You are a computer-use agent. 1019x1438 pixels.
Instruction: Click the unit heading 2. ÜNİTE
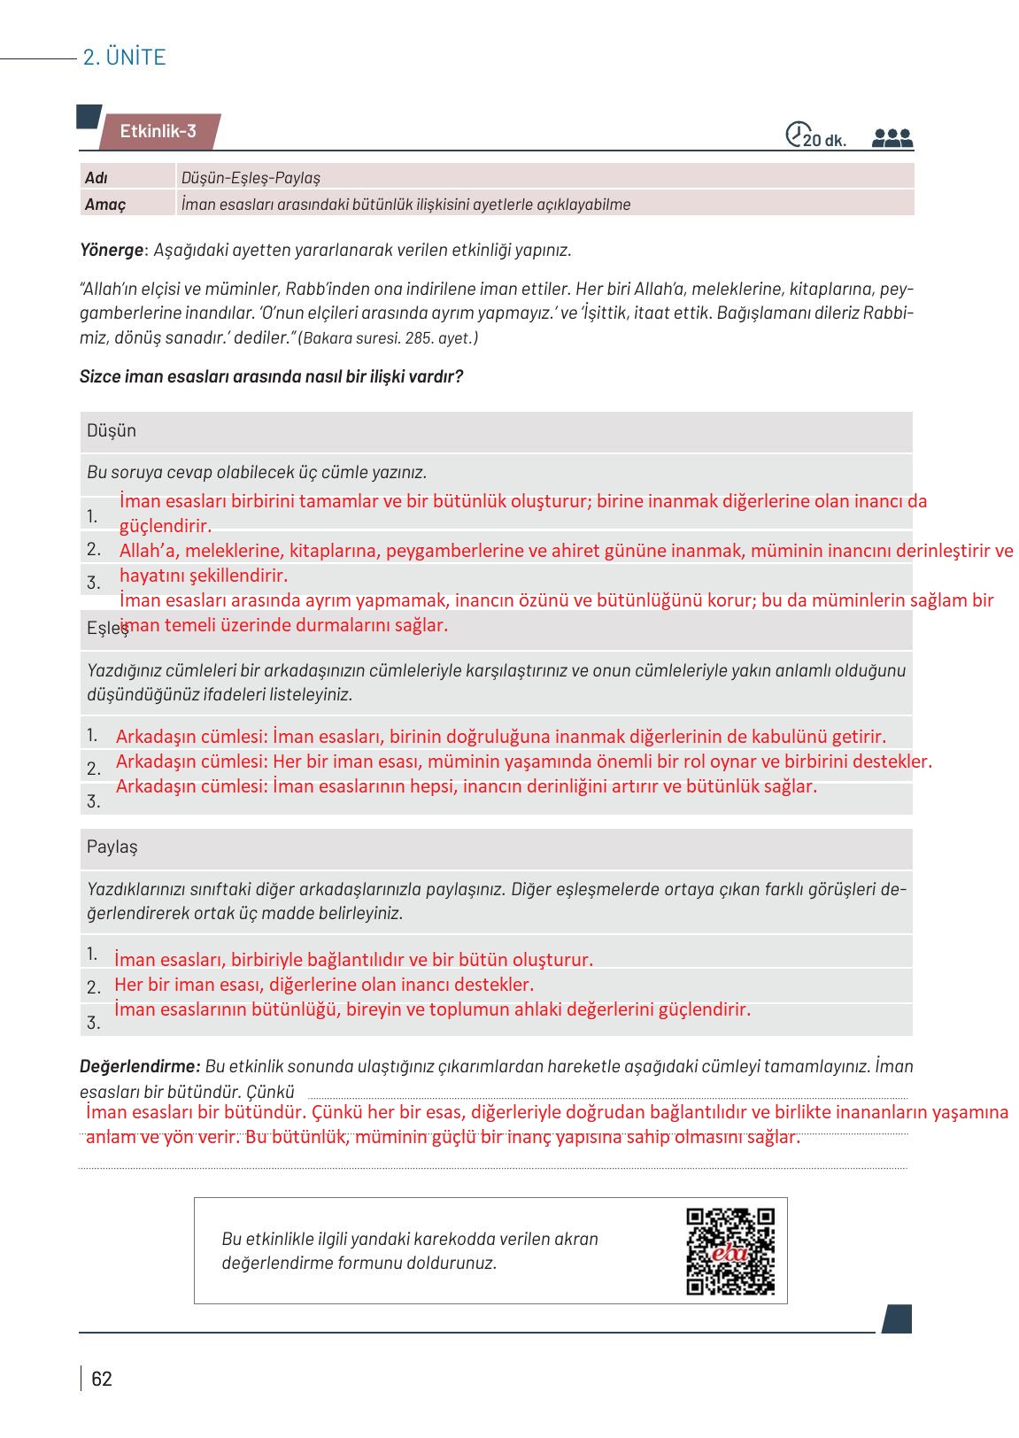(124, 58)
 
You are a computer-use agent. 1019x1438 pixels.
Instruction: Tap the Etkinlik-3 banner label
(158, 132)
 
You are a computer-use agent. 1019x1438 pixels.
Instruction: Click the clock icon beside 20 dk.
(797, 134)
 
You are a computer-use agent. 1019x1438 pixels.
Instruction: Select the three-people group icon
(892, 138)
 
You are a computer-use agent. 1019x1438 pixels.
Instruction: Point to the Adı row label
(96, 178)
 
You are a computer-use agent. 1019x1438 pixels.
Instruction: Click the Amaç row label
(105, 205)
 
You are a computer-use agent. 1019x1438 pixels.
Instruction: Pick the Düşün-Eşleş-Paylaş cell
(251, 178)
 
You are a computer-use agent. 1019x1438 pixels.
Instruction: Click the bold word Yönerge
(111, 250)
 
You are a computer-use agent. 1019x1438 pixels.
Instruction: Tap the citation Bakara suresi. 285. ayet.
(389, 338)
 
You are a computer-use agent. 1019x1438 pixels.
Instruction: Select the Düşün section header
(112, 431)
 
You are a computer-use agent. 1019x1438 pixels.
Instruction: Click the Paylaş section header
(112, 847)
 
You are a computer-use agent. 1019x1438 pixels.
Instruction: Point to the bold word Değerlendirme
(139, 1067)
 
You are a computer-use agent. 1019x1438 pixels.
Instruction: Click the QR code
(730, 1251)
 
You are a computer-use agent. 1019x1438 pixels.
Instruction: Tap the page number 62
(102, 1379)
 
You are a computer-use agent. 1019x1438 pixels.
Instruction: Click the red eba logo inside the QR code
(730, 1254)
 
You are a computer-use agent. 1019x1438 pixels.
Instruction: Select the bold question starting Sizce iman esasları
(271, 376)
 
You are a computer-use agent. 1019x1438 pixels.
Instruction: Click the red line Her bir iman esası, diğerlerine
(324, 985)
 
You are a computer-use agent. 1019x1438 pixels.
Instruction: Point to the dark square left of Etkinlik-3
(89, 117)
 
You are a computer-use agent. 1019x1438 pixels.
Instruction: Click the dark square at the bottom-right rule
(897, 1318)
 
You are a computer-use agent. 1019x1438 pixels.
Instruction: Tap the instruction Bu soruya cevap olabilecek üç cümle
(257, 473)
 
